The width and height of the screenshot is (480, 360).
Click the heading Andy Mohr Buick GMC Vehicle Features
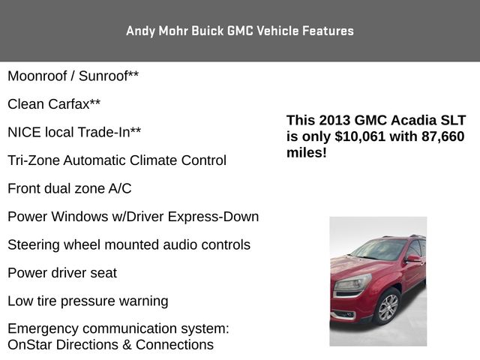point(239,31)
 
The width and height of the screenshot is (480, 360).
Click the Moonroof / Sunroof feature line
point(73,76)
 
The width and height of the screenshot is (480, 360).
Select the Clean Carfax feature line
point(54,104)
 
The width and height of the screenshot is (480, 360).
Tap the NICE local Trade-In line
point(74,133)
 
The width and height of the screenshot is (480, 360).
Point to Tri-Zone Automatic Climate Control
point(116,160)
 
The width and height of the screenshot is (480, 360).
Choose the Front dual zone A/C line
point(69,188)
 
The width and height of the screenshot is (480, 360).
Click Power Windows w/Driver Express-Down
point(133,217)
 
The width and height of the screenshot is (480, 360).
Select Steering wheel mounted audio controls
point(129,245)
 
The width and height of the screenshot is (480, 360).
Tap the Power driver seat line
point(62,273)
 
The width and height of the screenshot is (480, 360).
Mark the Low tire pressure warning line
point(88,301)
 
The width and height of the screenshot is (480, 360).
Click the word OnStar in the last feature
point(29,345)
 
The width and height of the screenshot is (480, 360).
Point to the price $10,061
point(362,136)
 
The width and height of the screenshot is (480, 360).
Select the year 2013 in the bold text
point(334,120)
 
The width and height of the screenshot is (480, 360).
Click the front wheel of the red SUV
point(388,307)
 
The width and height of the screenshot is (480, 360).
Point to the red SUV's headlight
point(352,283)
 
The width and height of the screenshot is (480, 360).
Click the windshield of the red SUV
point(379,250)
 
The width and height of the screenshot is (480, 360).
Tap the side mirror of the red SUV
point(412,259)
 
